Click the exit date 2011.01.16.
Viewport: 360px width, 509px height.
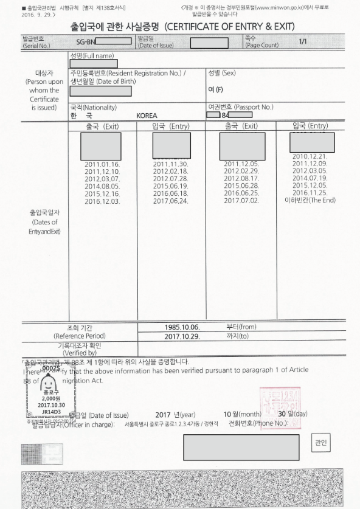click(102, 164)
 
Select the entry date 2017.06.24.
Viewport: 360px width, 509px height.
click(171, 201)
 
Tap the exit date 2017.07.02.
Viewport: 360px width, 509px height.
click(241, 201)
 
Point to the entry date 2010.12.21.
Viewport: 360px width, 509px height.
click(310, 157)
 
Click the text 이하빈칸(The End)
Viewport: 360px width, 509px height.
click(310, 200)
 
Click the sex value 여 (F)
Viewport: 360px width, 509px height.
click(216, 90)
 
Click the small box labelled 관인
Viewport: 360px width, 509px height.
click(321, 442)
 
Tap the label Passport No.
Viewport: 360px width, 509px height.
click(254, 107)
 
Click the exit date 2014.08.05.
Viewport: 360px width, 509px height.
click(102, 186)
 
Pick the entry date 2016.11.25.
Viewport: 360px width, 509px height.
click(310, 193)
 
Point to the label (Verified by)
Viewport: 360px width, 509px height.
click(79, 353)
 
